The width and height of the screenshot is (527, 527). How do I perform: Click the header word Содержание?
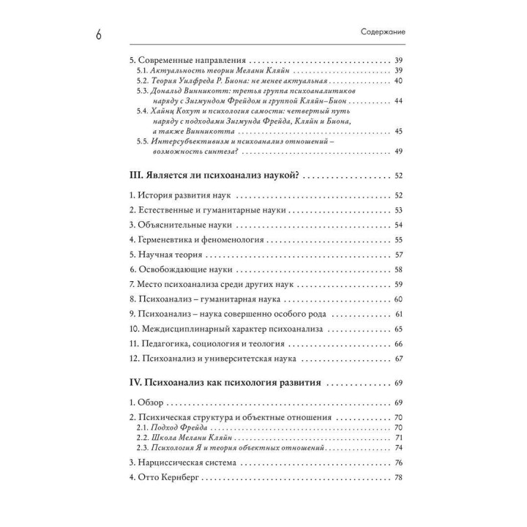point(384,33)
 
